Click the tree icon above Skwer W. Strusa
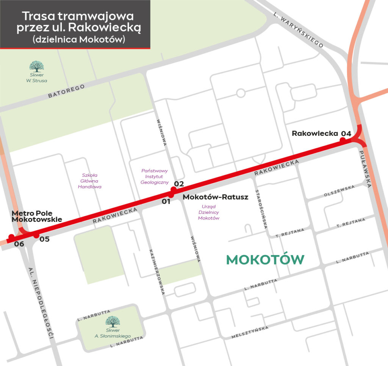[37, 67]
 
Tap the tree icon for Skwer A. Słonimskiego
[113, 322]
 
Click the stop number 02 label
[178, 184]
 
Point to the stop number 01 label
[166, 201]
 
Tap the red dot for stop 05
[36, 235]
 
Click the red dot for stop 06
[11, 237]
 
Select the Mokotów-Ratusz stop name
[215, 197]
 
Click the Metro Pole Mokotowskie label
[36, 216]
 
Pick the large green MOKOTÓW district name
[265, 260]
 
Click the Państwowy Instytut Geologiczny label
[154, 176]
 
